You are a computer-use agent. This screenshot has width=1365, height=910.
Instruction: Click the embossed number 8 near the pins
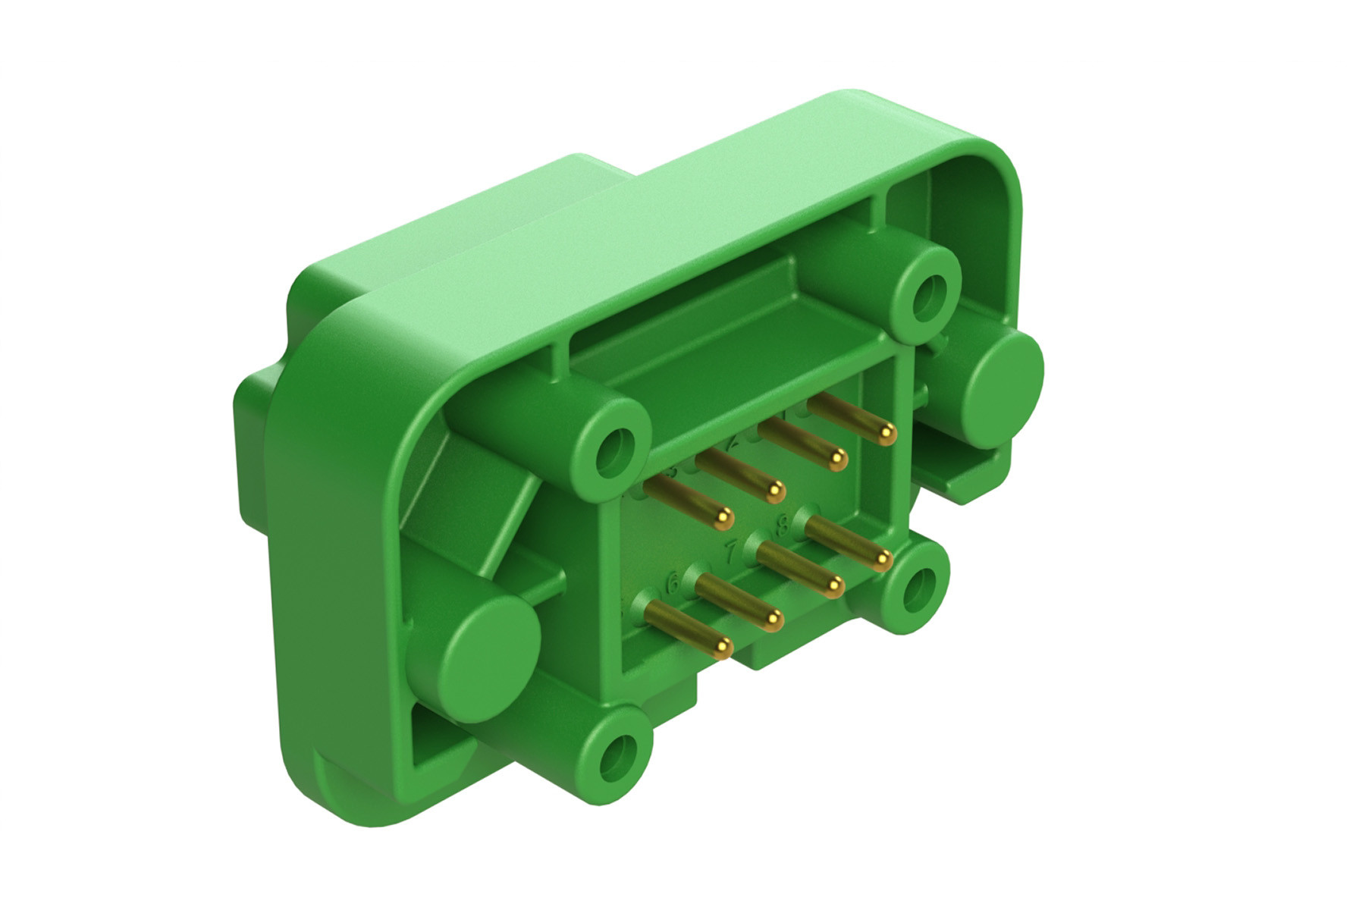coord(784,522)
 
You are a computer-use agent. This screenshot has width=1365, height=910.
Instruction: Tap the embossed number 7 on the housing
coord(732,551)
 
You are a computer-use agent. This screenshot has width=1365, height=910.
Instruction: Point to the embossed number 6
coord(672,584)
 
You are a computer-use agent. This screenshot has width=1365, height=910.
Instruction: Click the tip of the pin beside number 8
coord(881,560)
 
